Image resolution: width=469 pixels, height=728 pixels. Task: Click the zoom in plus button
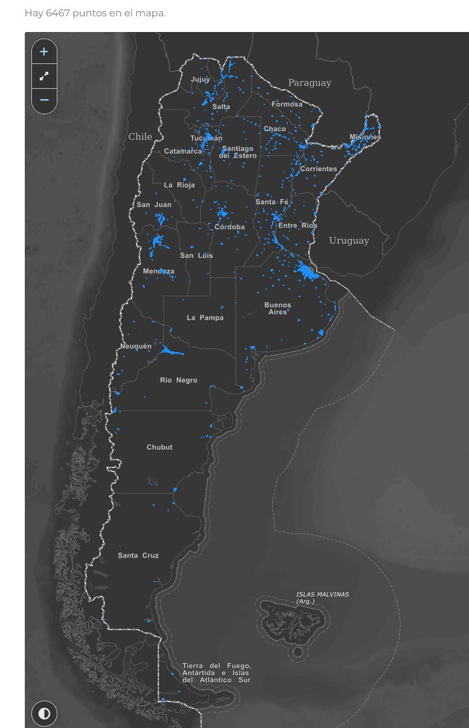tap(44, 52)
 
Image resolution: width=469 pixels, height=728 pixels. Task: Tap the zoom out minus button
tap(44, 100)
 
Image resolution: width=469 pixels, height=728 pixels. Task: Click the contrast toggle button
tap(44, 713)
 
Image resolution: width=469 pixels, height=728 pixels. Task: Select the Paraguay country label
tap(310, 83)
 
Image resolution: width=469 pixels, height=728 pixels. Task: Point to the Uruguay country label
tap(349, 241)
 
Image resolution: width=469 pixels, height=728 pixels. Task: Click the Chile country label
tap(140, 136)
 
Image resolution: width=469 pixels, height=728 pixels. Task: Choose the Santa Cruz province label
tap(138, 556)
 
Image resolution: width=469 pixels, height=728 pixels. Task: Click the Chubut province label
tap(160, 447)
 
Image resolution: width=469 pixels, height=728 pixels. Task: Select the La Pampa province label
tap(205, 318)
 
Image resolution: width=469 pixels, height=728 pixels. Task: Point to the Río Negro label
tap(179, 380)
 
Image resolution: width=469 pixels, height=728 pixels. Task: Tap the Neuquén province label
tap(136, 346)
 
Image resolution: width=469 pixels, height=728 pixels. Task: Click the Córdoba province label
tap(230, 227)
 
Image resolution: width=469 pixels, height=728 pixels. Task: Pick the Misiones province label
tap(365, 137)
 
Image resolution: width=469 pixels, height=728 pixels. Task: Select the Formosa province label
tap(287, 104)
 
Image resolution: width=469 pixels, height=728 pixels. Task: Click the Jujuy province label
tap(200, 80)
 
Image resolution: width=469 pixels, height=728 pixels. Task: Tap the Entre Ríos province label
tap(297, 226)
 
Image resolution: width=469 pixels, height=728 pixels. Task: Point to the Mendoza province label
tap(159, 271)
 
